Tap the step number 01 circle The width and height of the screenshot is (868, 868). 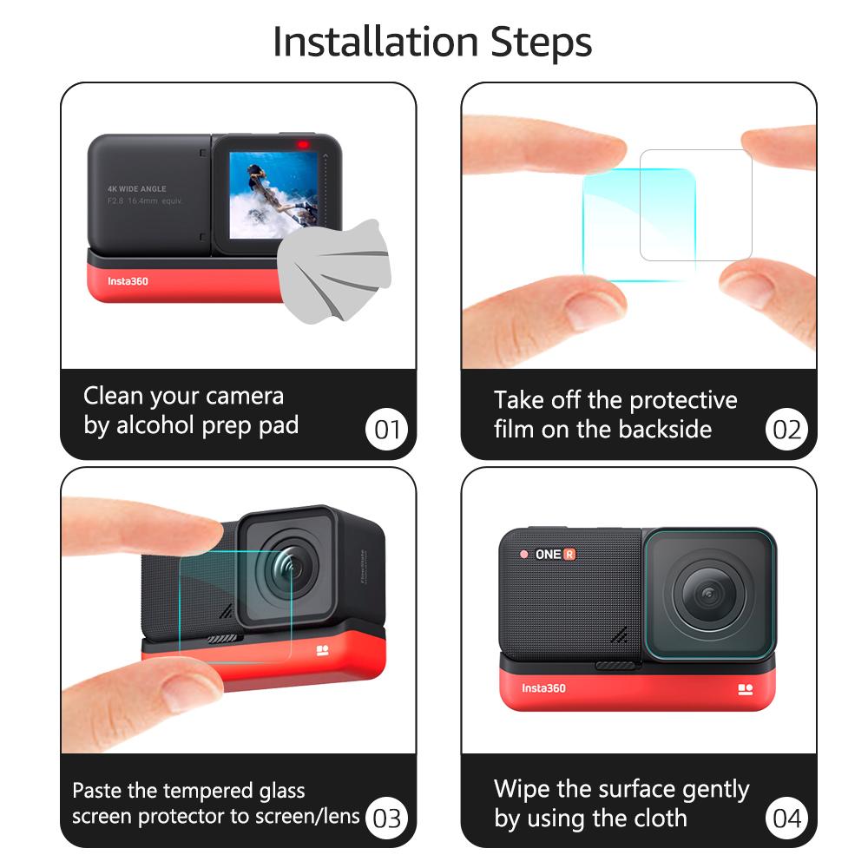click(x=387, y=430)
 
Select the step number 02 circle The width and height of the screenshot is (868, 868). click(x=786, y=430)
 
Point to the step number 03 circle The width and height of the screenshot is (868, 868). click(x=387, y=818)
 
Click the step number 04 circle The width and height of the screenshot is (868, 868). click(x=786, y=818)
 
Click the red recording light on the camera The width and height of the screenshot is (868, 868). click(x=303, y=144)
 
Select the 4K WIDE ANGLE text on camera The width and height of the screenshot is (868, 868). click(x=136, y=188)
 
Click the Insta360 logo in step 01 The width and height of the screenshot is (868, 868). click(x=128, y=281)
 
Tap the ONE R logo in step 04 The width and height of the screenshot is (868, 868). click(x=556, y=554)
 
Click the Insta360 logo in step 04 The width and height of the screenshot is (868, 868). click(x=543, y=688)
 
